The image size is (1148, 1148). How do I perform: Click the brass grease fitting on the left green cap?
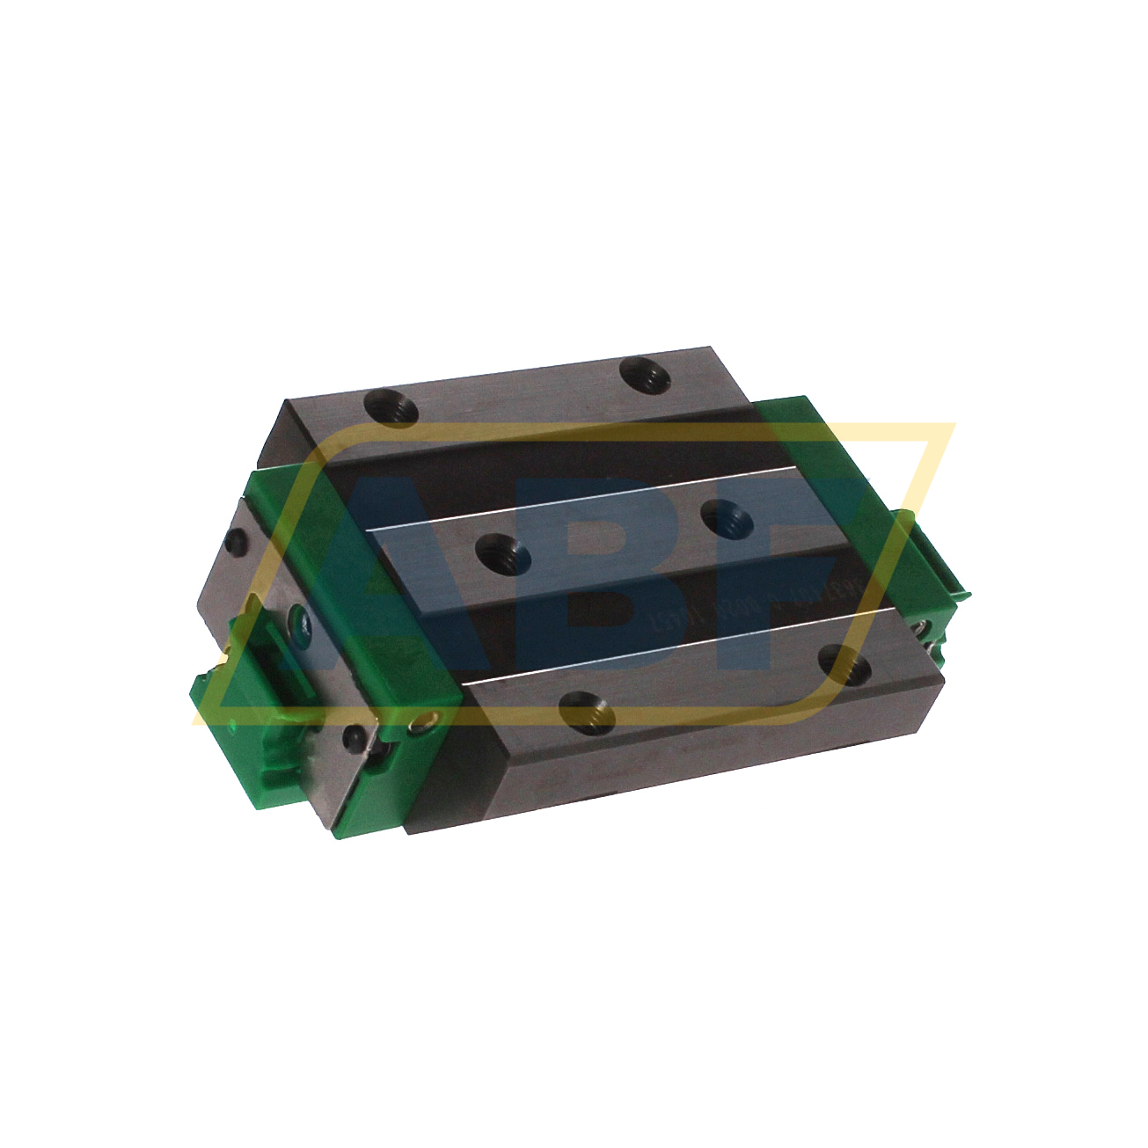click(x=425, y=723)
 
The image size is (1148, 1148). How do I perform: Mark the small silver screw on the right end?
click(x=919, y=628)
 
